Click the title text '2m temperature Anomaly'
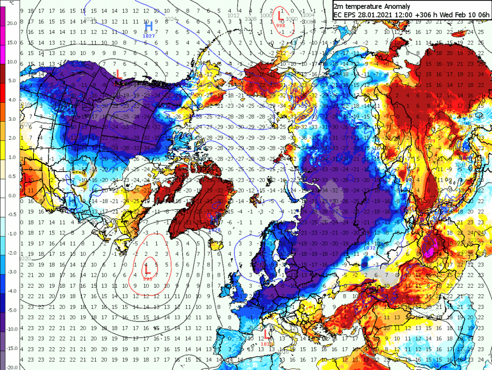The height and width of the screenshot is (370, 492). pyautogui.click(x=371, y=6)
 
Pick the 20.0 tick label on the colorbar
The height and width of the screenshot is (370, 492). pyautogui.click(x=12, y=23)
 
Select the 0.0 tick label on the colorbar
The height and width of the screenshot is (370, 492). pyautogui.click(x=12, y=195)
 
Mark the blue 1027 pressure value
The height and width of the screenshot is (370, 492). pyautogui.click(x=149, y=36)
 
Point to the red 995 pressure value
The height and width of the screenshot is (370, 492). pyautogui.click(x=148, y=278)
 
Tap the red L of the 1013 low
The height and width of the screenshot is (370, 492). pyautogui.click(x=265, y=333)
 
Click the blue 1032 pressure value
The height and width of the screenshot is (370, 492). pyautogui.click(x=369, y=248)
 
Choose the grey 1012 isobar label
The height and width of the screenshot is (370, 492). pyautogui.click(x=234, y=16)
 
